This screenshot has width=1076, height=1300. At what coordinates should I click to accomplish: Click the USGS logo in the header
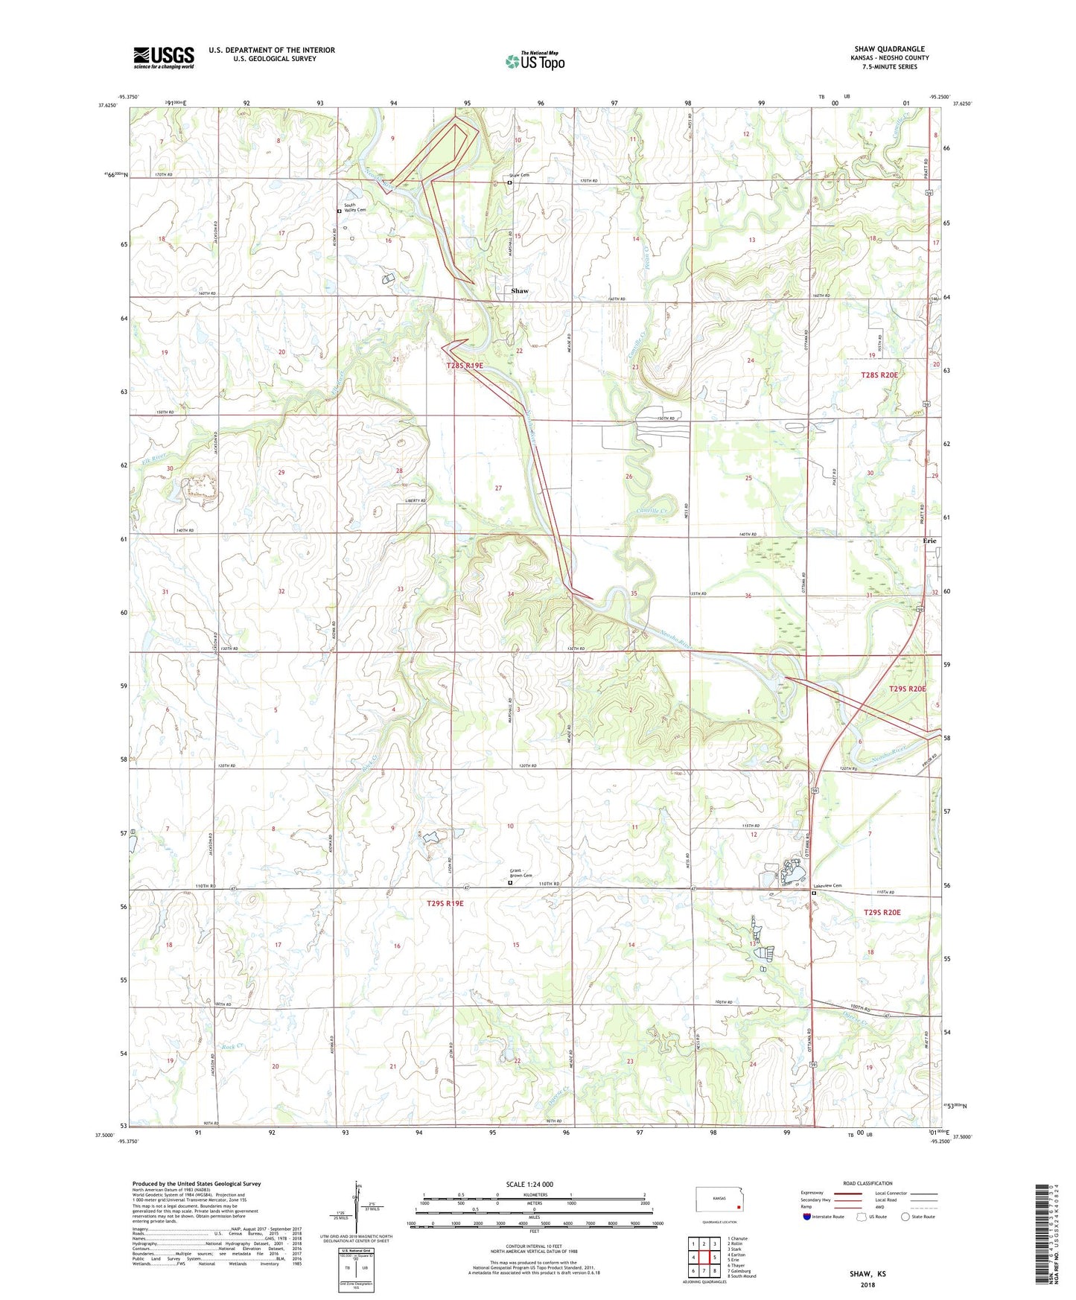coord(164,57)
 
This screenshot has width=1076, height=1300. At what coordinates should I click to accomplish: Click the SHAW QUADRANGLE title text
coord(890,49)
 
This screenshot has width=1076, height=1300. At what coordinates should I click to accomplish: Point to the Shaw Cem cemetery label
coord(523,176)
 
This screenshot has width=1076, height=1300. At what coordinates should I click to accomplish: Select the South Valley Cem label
coord(354,208)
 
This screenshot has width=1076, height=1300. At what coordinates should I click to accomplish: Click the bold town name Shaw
coord(520,291)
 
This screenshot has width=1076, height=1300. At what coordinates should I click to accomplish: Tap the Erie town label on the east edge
coord(929,541)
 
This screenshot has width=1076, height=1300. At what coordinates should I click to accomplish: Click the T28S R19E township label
coord(465,366)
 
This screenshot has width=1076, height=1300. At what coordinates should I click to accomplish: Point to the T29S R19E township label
coord(445,903)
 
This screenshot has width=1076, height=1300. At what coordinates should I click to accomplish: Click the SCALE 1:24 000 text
coord(529,1184)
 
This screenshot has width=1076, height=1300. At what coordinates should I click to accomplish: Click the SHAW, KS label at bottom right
coord(868,1274)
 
